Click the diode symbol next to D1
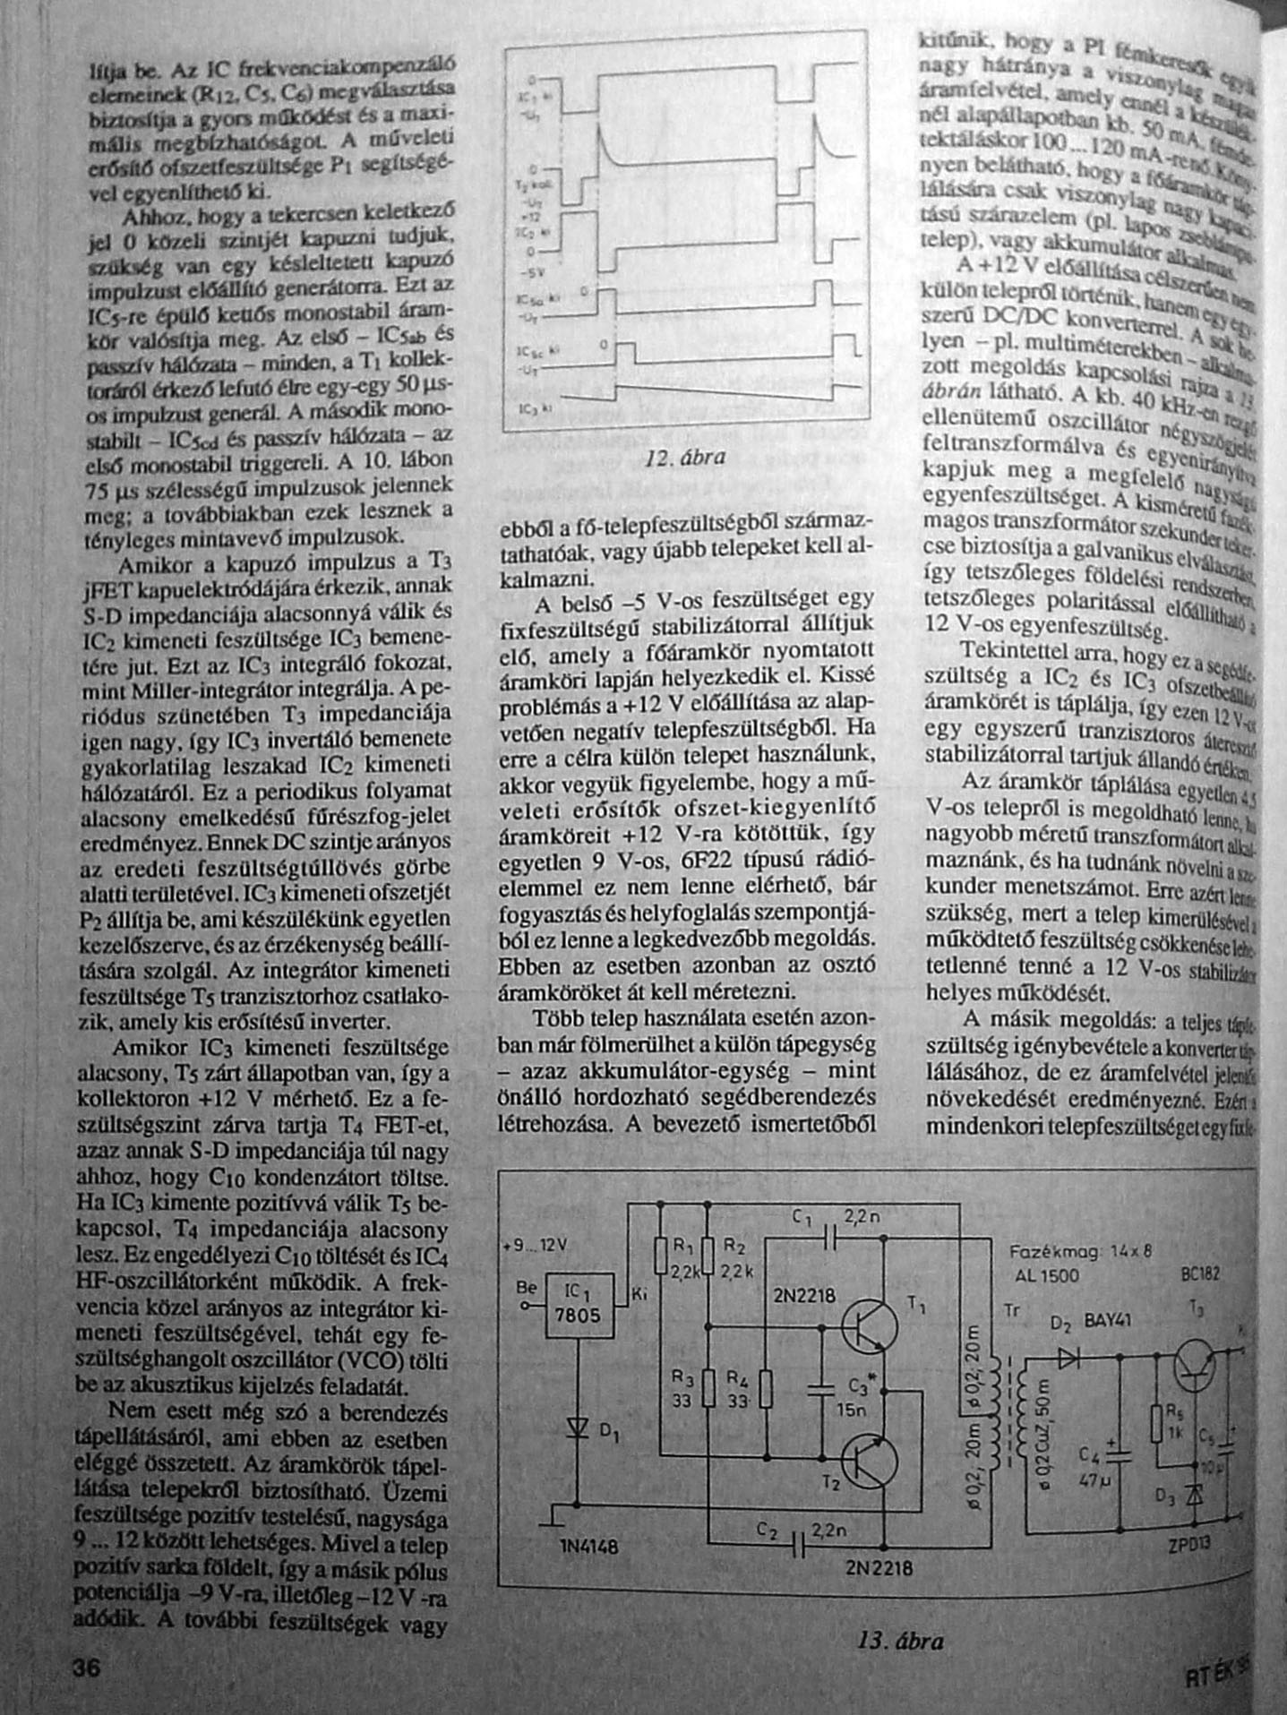tap(578, 1427)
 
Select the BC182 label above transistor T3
tap(1200, 1274)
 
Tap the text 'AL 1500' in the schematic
tap(1047, 1275)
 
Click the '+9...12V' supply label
tap(536, 1246)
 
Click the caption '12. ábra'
tap(685, 458)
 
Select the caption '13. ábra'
tap(900, 1641)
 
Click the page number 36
tap(87, 1668)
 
